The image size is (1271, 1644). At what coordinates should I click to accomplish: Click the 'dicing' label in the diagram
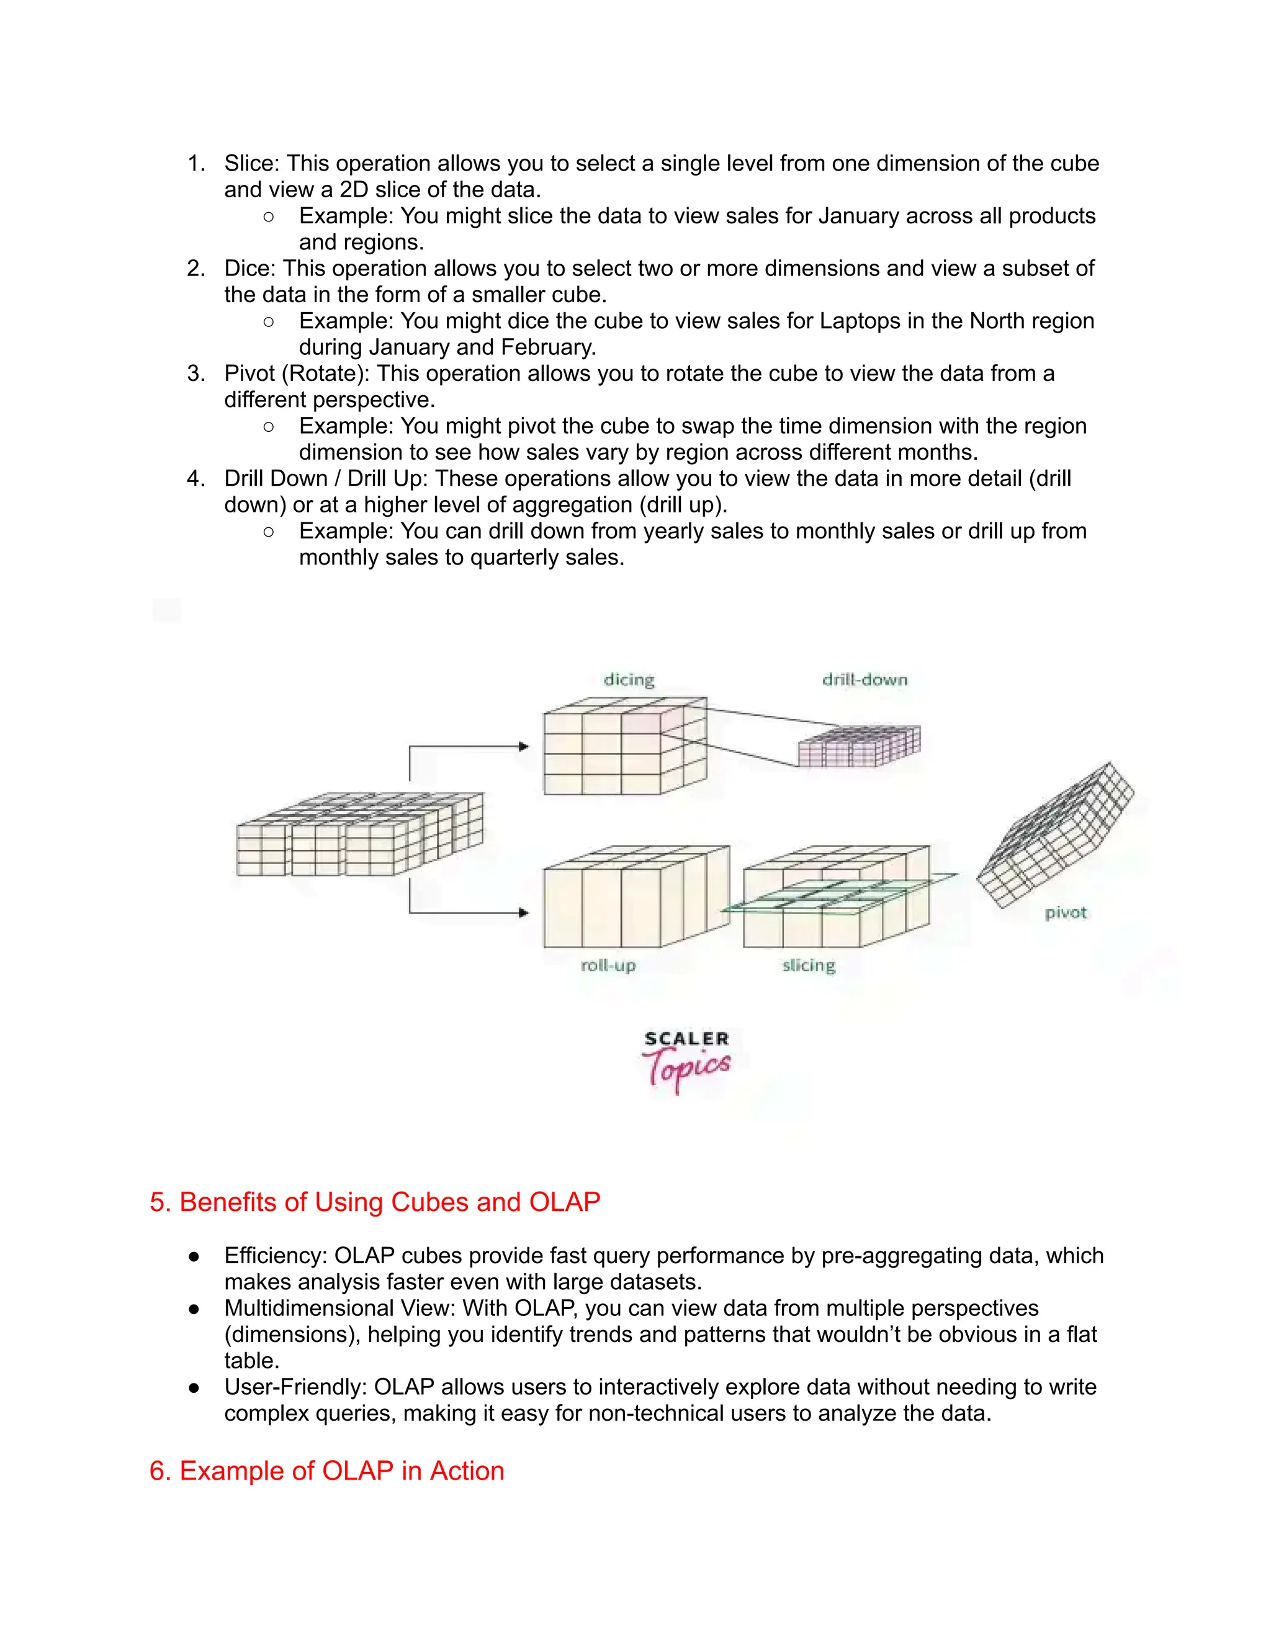click(629, 680)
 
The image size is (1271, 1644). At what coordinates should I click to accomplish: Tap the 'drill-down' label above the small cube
click(865, 680)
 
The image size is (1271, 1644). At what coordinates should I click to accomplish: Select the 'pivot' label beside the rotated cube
click(1066, 913)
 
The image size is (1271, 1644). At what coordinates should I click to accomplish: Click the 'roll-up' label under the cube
click(608, 965)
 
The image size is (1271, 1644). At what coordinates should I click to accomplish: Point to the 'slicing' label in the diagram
click(809, 965)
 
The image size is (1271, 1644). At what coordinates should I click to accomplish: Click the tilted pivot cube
click(1054, 836)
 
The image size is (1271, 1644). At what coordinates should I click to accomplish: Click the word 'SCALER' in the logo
click(686, 1039)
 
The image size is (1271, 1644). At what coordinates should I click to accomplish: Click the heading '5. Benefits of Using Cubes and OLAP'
click(374, 1202)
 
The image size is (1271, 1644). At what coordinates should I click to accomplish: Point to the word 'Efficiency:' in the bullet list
click(276, 1256)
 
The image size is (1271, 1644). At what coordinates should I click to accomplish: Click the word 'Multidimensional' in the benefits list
click(308, 1308)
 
